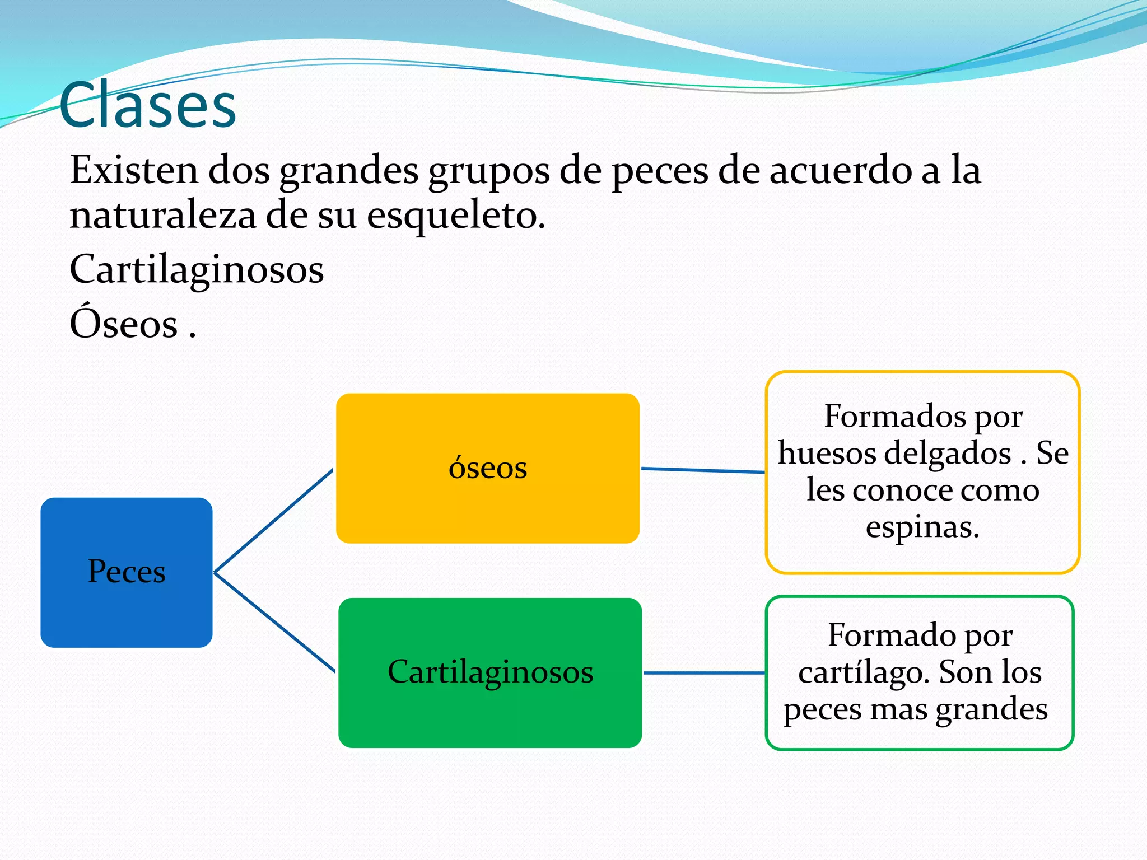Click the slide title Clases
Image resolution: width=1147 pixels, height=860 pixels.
pyautogui.click(x=148, y=105)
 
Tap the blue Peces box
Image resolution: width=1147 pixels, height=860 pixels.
pyautogui.click(x=127, y=572)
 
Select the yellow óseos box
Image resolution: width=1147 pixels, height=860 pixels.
pyautogui.click(x=487, y=468)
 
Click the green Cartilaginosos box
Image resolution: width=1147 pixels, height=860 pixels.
pyautogui.click(x=490, y=672)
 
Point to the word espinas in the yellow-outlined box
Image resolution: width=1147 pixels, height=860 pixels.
pyautogui.click(x=922, y=527)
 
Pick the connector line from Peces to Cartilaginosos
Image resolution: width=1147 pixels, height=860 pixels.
pyautogui.click(x=274, y=622)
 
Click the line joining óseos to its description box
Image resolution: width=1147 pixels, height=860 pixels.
pyautogui.click(x=702, y=470)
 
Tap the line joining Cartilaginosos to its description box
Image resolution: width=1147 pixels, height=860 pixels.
pyautogui.click(x=704, y=673)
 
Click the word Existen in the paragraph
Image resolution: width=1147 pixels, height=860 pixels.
pyautogui.click(x=134, y=170)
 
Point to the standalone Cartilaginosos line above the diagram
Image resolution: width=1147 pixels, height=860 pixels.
pyautogui.click(x=197, y=270)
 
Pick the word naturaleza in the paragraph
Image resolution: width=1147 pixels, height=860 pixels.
pyautogui.click(x=162, y=216)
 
